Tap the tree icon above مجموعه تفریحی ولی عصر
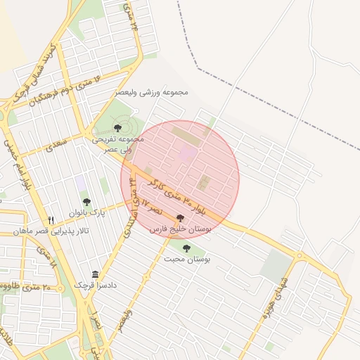[117, 128]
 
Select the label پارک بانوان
[86, 212]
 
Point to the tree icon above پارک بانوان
[86, 202]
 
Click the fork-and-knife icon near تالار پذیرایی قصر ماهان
[51, 220]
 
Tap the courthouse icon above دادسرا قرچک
[95, 274]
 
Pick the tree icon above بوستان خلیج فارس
[181, 219]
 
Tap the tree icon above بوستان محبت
[186, 248]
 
